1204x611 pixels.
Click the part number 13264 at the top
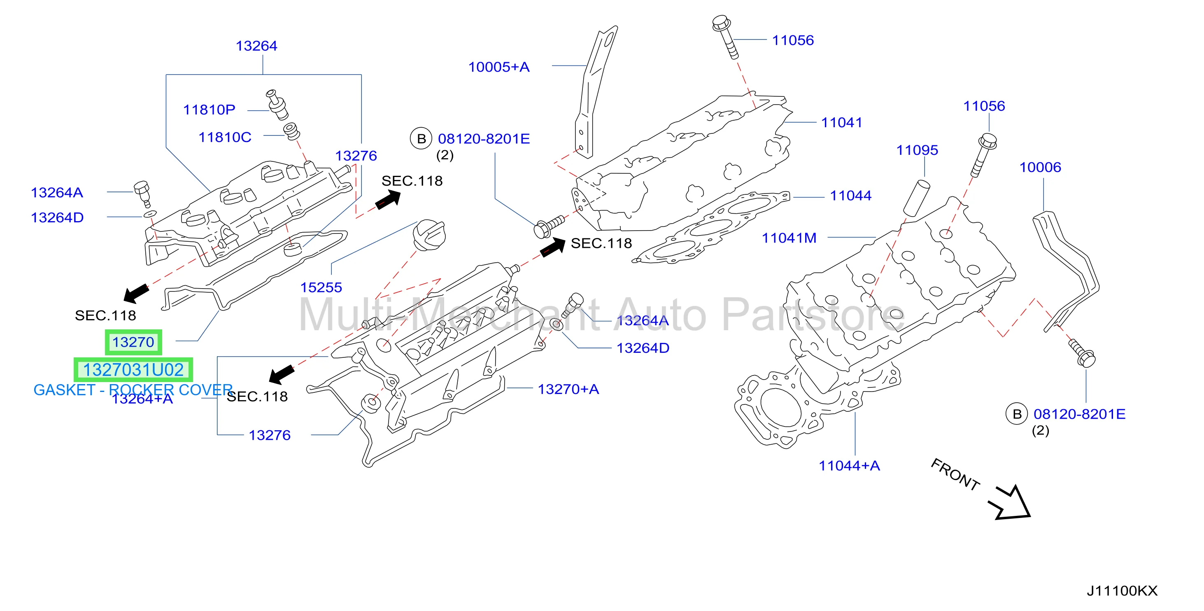256,46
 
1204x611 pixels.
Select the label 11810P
209,110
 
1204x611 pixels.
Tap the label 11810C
225,138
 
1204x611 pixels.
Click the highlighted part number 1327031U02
133,370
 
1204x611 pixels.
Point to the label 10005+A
499,67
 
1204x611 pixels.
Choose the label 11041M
789,238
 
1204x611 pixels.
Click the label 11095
917,150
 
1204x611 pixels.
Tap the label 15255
321,287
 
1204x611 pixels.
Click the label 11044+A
849,466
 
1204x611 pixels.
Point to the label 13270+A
568,389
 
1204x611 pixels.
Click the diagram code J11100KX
1122,591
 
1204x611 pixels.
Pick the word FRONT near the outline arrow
955,474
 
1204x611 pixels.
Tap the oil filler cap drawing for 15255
429,235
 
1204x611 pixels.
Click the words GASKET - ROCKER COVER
133,390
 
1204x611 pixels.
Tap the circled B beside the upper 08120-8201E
421,139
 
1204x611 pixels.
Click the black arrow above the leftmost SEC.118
136,293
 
